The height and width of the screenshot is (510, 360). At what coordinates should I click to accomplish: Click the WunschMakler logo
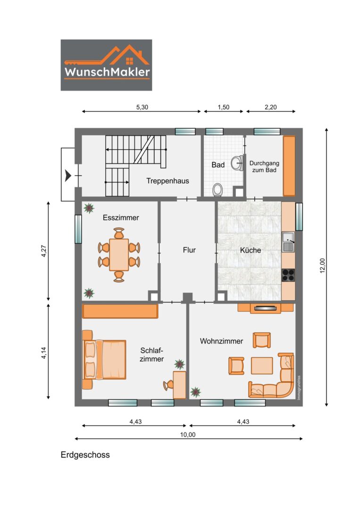(106, 65)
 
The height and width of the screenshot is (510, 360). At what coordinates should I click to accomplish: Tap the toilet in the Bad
(218, 190)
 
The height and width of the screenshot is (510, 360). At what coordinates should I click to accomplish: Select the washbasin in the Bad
(237, 163)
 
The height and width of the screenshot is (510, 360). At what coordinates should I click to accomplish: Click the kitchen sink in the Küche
(288, 242)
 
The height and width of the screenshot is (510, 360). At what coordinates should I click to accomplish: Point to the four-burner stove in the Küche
(288, 275)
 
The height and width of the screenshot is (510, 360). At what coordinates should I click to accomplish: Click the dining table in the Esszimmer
(119, 255)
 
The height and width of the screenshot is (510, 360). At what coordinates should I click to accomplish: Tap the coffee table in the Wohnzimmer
(262, 365)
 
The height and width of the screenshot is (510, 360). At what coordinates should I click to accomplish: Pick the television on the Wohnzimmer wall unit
(266, 308)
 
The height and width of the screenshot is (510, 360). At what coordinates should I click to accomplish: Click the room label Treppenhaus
(167, 181)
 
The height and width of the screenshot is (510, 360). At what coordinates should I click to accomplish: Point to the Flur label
(189, 250)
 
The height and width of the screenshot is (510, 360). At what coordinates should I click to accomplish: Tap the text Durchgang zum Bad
(264, 167)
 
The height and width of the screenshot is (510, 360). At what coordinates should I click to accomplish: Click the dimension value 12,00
(322, 266)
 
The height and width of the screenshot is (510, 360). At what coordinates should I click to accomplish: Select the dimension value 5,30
(142, 107)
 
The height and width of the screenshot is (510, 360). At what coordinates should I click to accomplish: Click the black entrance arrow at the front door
(68, 176)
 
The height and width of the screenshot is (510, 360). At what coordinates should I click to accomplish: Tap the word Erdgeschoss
(85, 455)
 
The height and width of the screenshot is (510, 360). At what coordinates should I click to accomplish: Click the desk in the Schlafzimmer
(179, 385)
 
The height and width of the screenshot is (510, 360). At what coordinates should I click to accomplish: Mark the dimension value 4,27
(44, 251)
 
